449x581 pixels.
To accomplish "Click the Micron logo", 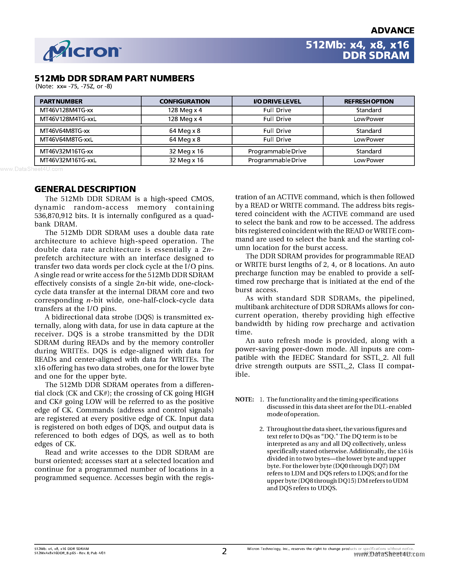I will (82, 50).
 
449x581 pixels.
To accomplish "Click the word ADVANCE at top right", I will (392, 31).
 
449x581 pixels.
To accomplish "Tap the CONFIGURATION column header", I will (185, 101).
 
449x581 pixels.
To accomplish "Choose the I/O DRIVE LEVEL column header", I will (277, 101).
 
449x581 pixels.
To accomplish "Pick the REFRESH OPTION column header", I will (369, 101).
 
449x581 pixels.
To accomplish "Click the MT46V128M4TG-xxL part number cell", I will (68, 119).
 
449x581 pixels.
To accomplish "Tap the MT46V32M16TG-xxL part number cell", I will (68, 160).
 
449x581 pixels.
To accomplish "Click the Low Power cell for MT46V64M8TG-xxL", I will (369, 140).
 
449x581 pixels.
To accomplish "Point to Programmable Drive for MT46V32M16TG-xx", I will (277, 151).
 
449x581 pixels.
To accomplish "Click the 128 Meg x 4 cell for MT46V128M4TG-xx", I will (185, 110).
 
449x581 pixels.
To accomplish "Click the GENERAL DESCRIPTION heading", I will (85, 189).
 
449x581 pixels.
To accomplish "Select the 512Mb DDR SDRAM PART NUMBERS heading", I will (114, 78).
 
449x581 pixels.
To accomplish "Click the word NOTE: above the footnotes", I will (244, 400).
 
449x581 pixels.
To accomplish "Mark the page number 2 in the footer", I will (224, 551).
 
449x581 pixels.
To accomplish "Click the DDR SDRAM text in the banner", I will (376, 56).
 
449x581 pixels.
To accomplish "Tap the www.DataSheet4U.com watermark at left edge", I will (31, 169).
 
